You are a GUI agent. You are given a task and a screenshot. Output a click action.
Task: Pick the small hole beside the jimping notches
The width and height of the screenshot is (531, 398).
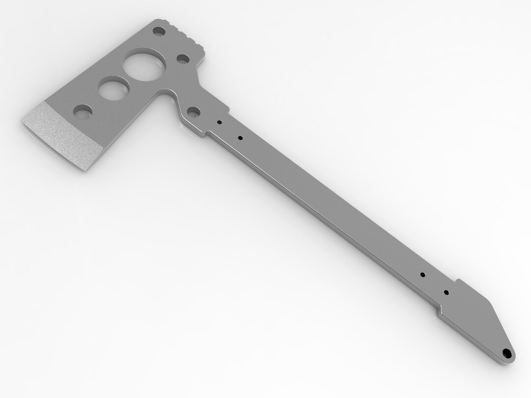tap(159, 32)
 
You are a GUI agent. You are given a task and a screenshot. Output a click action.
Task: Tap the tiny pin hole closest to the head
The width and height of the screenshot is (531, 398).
tap(220, 123)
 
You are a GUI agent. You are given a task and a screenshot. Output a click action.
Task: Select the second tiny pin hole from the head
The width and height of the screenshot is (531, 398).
tap(240, 138)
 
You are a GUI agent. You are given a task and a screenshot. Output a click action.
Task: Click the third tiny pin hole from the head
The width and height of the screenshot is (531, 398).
tap(422, 274)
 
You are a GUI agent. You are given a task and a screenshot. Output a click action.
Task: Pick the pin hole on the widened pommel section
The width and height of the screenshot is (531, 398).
tap(446, 292)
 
